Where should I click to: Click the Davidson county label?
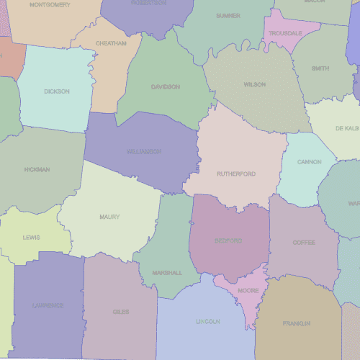pos(166,87)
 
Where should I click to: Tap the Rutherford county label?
pos(236,174)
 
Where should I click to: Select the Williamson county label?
pos(144,152)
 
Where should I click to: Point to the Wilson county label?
pos(254,85)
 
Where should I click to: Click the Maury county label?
pos(110,217)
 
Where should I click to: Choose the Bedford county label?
pos(228,241)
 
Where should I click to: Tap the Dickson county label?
pos(57,91)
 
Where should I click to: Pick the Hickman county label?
pos(37,170)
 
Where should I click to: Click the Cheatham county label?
pos(111,43)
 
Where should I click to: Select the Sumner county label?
pos(228,15)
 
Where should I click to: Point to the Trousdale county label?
pos(285,34)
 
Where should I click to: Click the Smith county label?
pos(320,69)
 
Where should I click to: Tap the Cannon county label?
pos(309,162)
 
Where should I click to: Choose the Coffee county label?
pos(303,243)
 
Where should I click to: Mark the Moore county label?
pos(248,291)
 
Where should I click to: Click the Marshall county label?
pos(167,273)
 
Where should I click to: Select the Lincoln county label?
pos(207,321)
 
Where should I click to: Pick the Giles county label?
pos(120,312)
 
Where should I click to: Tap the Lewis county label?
pos(32,238)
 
